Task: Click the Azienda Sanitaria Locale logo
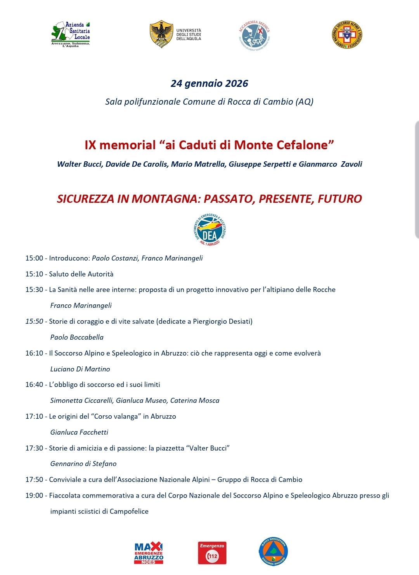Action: point(71,34)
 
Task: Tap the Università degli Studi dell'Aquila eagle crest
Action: point(161,34)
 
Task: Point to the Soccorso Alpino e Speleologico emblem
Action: point(347,35)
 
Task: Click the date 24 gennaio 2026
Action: point(209,83)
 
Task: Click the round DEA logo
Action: point(209,230)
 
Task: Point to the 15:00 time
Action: point(34,258)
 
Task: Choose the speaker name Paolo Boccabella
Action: point(77,337)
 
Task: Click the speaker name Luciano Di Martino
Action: point(80,369)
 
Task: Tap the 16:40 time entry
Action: point(34,385)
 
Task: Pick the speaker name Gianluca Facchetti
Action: point(79,432)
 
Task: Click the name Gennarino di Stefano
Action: point(83,464)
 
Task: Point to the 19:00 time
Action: point(34,496)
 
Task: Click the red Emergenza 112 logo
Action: point(212,553)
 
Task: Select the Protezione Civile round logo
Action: point(274,551)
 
